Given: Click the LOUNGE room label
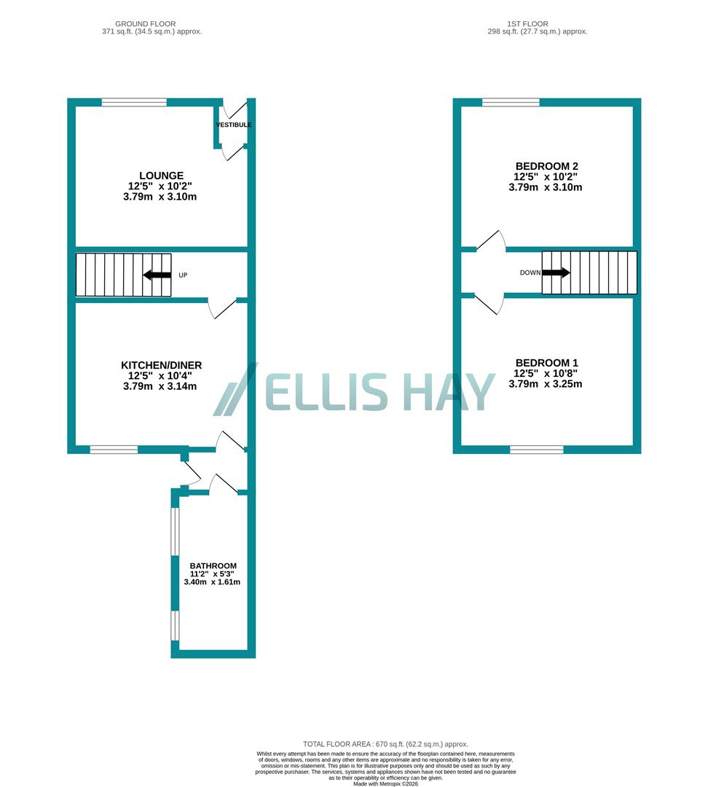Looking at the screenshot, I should coord(162,176).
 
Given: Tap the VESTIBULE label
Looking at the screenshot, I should coord(234,125).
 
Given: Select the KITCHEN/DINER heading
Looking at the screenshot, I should coord(162,365).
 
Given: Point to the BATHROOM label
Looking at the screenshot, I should coord(213,565).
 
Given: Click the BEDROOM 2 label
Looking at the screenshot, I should coord(546,166).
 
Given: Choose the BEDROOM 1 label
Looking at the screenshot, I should coord(546,363).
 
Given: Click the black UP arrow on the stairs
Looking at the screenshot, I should coord(157,275).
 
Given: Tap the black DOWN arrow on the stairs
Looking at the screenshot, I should coord(556,273).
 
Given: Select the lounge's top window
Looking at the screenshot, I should coord(134,103).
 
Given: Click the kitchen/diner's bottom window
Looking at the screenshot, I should coord(114,450).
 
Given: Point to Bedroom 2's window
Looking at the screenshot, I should coord(511,103).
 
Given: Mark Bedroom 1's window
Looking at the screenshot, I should coord(537,450).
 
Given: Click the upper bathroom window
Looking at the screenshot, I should coord(175,530).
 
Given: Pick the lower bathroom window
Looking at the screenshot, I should coord(175,625).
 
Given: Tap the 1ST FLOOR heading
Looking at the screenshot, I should coord(537,24).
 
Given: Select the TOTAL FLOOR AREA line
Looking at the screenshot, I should coord(385,744).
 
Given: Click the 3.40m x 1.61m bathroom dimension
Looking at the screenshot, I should coord(213,582).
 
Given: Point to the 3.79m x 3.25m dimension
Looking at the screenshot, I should coord(546,383).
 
